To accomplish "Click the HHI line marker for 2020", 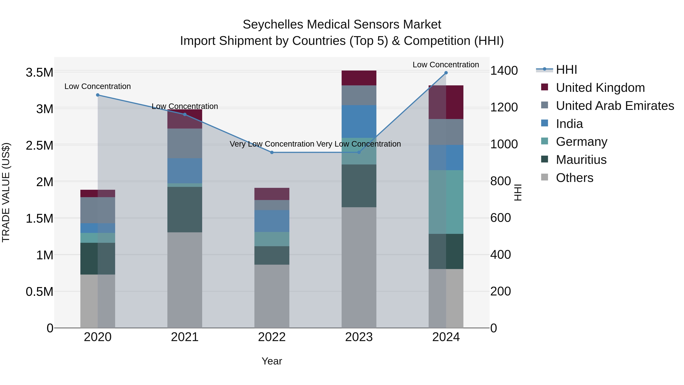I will tap(97, 95).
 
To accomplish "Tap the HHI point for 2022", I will tap(272, 152).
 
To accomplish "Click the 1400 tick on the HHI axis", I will tap(504, 71).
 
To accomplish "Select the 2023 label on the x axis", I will tap(359, 337).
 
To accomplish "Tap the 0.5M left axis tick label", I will tap(39, 292).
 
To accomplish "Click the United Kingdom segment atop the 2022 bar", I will tap(272, 194).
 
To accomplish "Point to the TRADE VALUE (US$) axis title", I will tap(6, 192).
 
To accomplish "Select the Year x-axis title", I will tap(272, 361).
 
